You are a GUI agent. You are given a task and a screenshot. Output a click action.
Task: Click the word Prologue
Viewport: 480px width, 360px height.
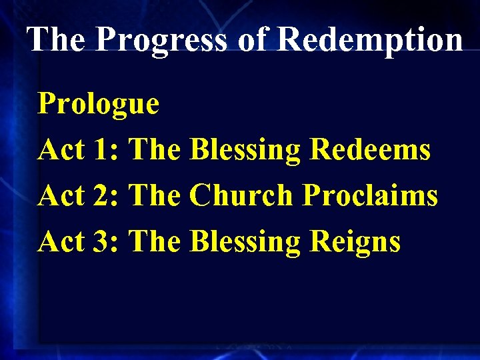click(x=98, y=105)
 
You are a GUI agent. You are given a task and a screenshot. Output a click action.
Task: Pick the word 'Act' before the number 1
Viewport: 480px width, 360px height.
click(x=61, y=150)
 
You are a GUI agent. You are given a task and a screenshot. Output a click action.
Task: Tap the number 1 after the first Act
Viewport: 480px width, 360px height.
click(x=105, y=150)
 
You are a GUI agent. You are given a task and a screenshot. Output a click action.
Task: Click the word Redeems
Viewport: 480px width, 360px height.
click(x=371, y=150)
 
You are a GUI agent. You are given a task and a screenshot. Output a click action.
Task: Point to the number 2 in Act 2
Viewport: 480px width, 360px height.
click(x=105, y=196)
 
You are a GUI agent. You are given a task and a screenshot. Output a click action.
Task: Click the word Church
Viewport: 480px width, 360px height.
click(x=241, y=196)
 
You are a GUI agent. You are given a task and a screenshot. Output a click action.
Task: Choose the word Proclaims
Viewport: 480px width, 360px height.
click(x=370, y=196)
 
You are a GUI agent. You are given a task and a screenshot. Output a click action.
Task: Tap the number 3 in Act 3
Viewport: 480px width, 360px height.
click(x=105, y=241)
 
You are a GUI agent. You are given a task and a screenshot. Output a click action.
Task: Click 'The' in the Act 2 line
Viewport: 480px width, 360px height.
click(x=155, y=196)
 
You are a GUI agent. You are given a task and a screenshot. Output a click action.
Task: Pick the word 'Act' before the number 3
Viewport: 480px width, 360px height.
click(x=61, y=241)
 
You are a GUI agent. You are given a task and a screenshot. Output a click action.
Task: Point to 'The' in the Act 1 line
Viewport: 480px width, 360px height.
click(x=155, y=150)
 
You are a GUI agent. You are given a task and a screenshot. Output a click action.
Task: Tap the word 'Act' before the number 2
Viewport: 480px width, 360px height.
click(x=61, y=196)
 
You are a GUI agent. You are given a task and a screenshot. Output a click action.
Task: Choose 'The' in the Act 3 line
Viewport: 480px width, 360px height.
click(x=155, y=241)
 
